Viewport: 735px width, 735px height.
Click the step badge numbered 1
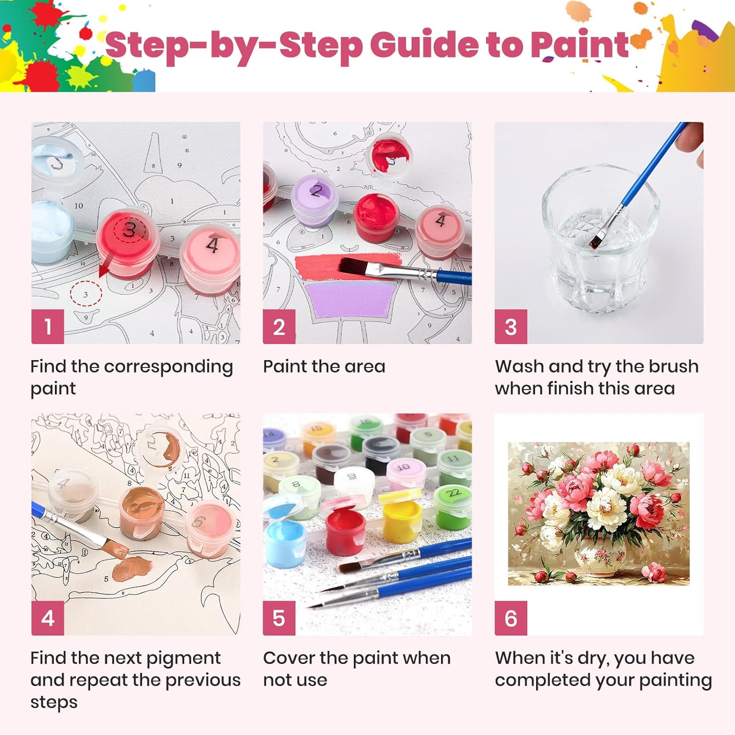point(48,326)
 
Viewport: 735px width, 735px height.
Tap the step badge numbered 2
point(279,326)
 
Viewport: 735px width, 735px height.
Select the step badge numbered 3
point(511,326)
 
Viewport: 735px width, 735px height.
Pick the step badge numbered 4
point(48,618)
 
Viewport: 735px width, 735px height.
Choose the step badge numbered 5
point(279,618)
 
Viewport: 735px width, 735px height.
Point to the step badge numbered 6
point(511,618)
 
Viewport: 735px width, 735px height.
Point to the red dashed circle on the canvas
point(86,294)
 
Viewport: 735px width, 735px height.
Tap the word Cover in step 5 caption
point(289,658)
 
